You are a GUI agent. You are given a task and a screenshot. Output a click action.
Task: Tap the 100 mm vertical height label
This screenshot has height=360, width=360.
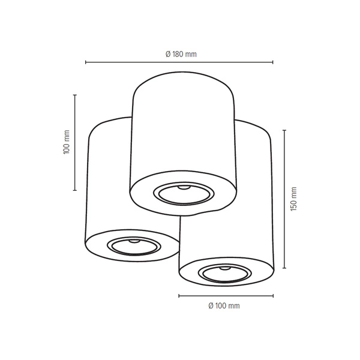pyautogui.click(x=67, y=143)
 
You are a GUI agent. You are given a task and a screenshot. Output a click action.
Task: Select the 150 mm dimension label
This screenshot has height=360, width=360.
pyautogui.click(x=293, y=199)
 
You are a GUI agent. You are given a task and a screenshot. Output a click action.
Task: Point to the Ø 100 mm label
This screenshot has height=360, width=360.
pyautogui.click(x=224, y=306)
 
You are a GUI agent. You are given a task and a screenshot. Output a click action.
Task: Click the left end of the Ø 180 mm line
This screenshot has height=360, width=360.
pyautogui.click(x=86, y=62)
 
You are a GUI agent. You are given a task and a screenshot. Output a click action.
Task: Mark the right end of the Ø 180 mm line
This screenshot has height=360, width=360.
pyautogui.click(x=273, y=62)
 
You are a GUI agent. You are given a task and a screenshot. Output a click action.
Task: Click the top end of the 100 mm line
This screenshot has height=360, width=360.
pyautogui.click(x=75, y=95)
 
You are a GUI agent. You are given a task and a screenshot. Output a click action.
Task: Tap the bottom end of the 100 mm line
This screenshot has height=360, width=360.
pyautogui.click(x=75, y=190)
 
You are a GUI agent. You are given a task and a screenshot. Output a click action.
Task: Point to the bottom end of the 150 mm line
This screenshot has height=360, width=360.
pyautogui.click(x=284, y=268)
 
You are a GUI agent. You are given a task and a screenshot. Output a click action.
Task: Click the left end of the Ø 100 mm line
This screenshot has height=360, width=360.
pyautogui.click(x=179, y=296)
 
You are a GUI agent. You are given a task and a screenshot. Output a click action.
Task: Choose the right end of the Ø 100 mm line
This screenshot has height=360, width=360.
pyautogui.click(x=274, y=296)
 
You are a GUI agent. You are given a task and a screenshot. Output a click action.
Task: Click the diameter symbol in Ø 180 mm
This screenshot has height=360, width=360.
pyautogui.click(x=168, y=54)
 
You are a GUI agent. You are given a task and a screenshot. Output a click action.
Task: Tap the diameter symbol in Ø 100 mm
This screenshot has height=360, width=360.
pyautogui.click(x=211, y=306)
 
